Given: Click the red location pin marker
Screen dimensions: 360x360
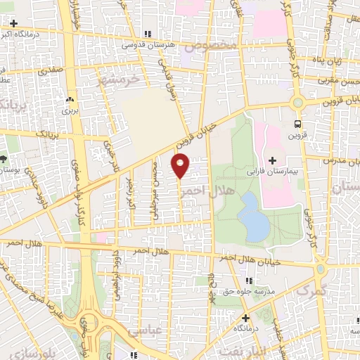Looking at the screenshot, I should click(x=181, y=166).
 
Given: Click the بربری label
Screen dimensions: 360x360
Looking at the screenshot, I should click(x=69, y=110).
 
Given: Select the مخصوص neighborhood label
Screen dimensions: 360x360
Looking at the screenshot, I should click(x=209, y=47).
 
